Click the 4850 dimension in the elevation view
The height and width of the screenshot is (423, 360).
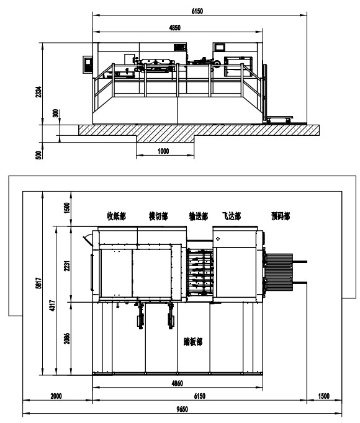click(175, 27)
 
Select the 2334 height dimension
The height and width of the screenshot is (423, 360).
click(39, 92)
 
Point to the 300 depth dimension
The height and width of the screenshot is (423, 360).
click(55, 113)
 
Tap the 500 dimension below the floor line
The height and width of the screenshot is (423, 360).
click(39, 155)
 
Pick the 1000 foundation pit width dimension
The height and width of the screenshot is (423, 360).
click(163, 151)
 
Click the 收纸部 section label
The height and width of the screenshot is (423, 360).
click(117, 216)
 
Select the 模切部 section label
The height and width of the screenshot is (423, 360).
click(158, 216)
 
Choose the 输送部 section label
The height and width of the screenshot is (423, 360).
click(199, 216)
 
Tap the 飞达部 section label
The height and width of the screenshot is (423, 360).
click(232, 216)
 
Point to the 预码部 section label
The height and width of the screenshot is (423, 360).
click(281, 216)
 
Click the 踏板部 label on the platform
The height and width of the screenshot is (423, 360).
click(193, 342)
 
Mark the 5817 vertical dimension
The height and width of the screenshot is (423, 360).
click(39, 283)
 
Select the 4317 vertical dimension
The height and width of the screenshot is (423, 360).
click(52, 306)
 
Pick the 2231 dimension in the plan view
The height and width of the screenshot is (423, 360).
click(67, 265)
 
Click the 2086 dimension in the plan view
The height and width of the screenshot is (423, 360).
click(67, 339)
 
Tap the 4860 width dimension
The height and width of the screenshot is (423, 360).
click(177, 383)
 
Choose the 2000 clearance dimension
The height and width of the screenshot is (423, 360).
click(56, 396)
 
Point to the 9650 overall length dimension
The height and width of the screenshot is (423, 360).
click(182, 409)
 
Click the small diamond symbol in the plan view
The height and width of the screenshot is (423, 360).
click(218, 239)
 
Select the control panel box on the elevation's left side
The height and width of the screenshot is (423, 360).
click(88, 65)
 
